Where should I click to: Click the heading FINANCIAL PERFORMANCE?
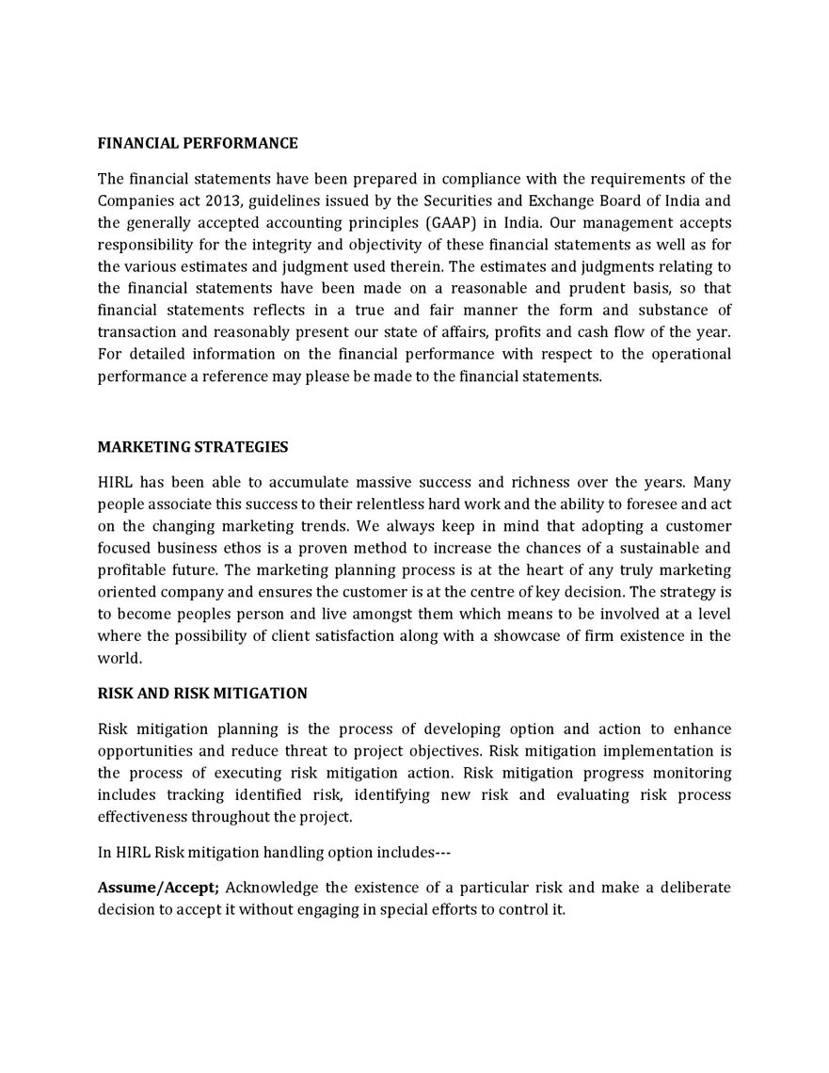[x=198, y=143]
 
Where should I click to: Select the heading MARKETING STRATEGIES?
[x=193, y=446]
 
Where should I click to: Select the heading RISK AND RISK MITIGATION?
[x=202, y=693]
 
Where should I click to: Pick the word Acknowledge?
[x=272, y=888]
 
